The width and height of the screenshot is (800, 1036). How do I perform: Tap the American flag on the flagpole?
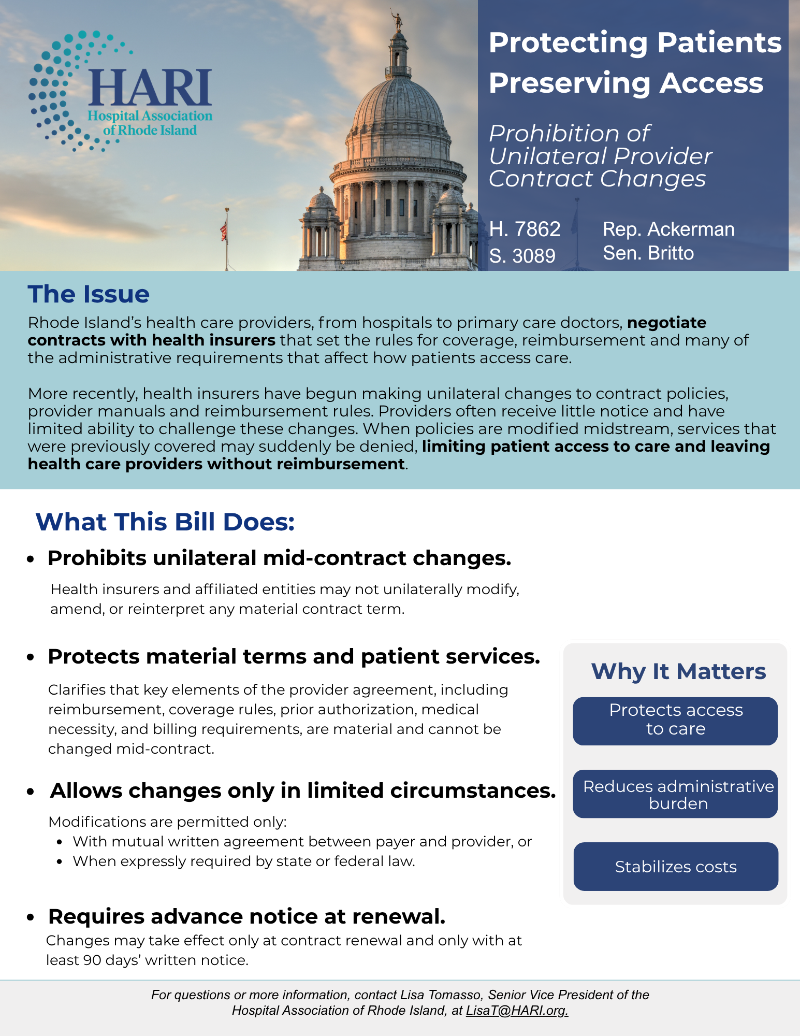(224, 230)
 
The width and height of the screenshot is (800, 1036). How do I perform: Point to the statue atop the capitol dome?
(398, 20)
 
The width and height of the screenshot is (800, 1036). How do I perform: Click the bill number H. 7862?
(525, 229)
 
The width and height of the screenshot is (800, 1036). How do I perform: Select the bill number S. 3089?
(522, 255)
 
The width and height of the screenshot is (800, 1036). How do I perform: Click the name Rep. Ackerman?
(668, 229)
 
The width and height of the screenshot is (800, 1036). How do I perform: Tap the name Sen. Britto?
(648, 253)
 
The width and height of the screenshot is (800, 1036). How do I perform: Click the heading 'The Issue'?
(89, 294)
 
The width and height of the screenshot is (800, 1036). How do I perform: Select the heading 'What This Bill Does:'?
(165, 522)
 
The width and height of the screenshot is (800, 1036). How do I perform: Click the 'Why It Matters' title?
(678, 671)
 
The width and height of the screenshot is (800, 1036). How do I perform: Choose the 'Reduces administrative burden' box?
(675, 794)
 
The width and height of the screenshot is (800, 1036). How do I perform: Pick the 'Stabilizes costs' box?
(675, 867)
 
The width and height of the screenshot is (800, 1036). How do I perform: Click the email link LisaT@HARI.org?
(517, 1011)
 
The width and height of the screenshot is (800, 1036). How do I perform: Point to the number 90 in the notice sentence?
(92, 960)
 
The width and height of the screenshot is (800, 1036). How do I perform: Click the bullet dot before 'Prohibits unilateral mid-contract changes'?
(31, 559)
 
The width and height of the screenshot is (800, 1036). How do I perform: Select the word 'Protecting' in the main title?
(568, 42)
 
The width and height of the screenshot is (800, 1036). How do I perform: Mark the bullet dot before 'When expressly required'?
(61, 862)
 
